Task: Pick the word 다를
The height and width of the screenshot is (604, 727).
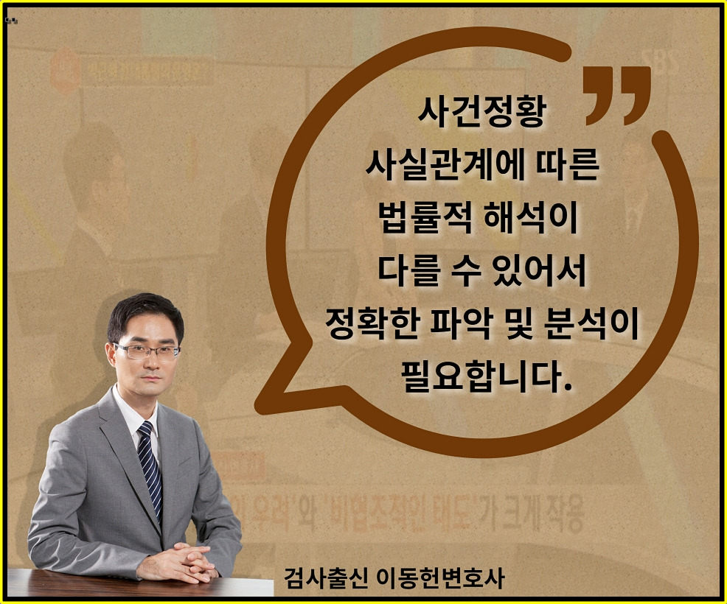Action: (x=403, y=273)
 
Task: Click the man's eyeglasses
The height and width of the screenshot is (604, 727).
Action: (x=146, y=351)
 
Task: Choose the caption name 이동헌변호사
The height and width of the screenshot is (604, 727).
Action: (x=441, y=578)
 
